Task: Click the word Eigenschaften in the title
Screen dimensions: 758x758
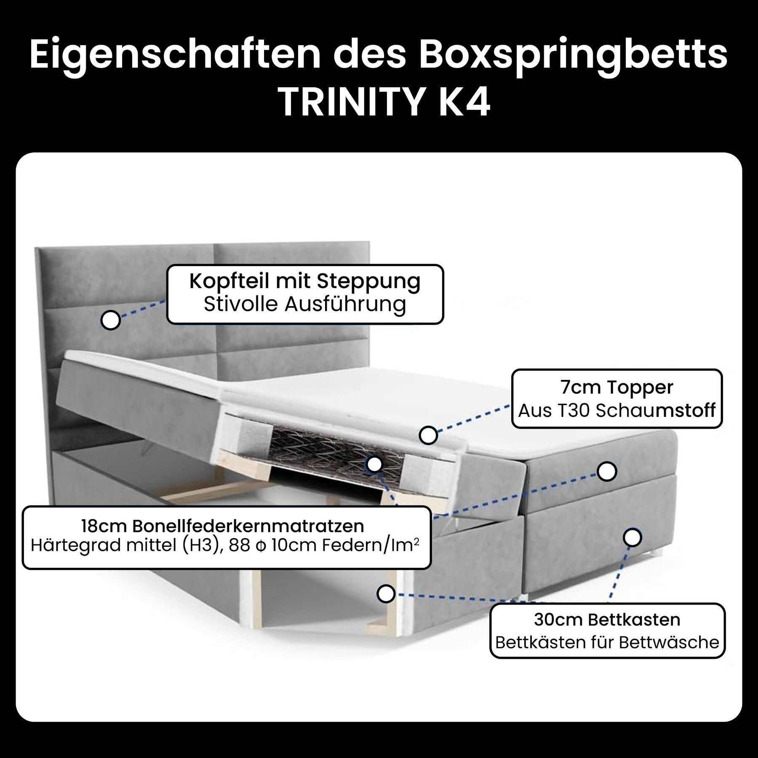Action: (175, 55)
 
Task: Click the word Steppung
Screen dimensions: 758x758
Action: (369, 282)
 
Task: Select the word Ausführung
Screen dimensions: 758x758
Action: (345, 304)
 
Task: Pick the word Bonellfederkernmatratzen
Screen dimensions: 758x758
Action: (248, 526)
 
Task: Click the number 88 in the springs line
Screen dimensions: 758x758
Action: (239, 546)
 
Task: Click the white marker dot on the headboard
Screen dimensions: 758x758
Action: (111, 320)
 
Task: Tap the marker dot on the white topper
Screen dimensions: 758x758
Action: (428, 435)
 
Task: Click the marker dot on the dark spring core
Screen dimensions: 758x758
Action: (374, 464)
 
